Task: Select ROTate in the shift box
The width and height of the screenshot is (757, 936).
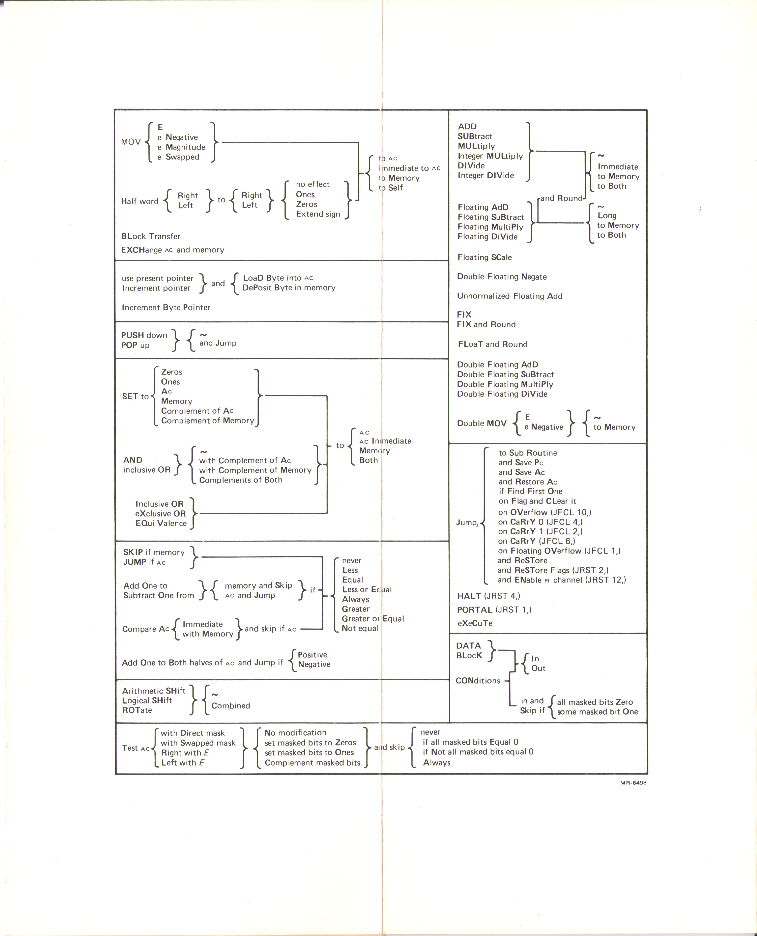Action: [137, 710]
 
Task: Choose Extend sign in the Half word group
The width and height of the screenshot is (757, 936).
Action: [318, 214]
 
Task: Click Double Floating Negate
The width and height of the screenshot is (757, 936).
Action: [501, 277]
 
